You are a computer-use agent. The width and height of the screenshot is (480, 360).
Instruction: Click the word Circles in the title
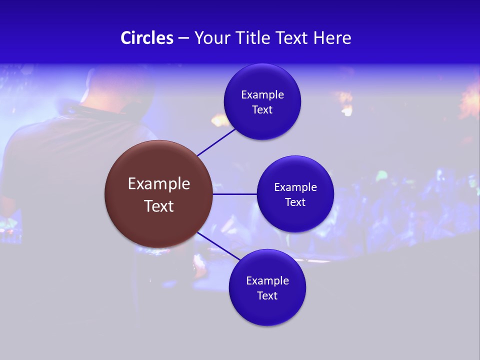(x=147, y=38)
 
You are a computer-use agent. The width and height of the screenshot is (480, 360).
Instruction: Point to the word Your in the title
(x=211, y=38)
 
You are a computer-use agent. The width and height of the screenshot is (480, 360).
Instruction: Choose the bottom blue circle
(x=267, y=312)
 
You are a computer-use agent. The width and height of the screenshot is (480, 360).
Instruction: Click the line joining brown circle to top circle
(x=216, y=142)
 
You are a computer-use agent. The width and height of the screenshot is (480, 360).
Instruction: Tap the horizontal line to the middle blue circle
(x=234, y=194)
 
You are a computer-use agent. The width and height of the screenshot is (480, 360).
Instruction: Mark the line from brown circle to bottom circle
(x=219, y=246)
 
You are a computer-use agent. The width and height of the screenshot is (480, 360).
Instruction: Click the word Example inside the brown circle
(x=159, y=184)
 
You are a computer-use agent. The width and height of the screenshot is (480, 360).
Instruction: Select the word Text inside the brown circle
(x=159, y=206)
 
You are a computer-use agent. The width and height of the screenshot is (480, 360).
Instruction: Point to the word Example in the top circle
(x=262, y=95)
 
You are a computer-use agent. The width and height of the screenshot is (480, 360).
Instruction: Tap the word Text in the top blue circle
(x=262, y=110)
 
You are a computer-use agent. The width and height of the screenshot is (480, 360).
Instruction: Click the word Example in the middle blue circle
(x=295, y=187)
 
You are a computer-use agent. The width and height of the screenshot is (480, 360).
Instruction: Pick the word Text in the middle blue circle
(x=295, y=202)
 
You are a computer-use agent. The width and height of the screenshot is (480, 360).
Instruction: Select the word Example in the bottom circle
(x=267, y=281)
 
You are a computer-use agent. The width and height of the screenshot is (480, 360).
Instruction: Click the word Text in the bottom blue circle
(x=267, y=296)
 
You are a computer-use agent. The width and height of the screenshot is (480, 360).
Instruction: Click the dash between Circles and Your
(x=183, y=38)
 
